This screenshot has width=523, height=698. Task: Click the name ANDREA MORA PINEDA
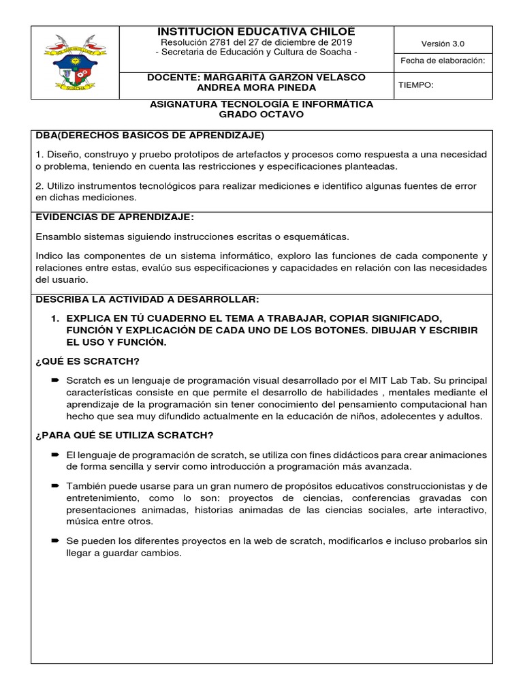(x=256, y=87)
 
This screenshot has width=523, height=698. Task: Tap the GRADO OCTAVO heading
(x=261, y=115)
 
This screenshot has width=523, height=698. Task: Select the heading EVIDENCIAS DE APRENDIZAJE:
(x=114, y=217)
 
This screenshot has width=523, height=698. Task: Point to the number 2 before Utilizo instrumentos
(x=38, y=185)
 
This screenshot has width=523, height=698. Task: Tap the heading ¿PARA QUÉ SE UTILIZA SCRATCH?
(x=125, y=436)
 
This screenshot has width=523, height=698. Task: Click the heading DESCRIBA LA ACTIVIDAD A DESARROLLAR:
(x=147, y=299)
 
